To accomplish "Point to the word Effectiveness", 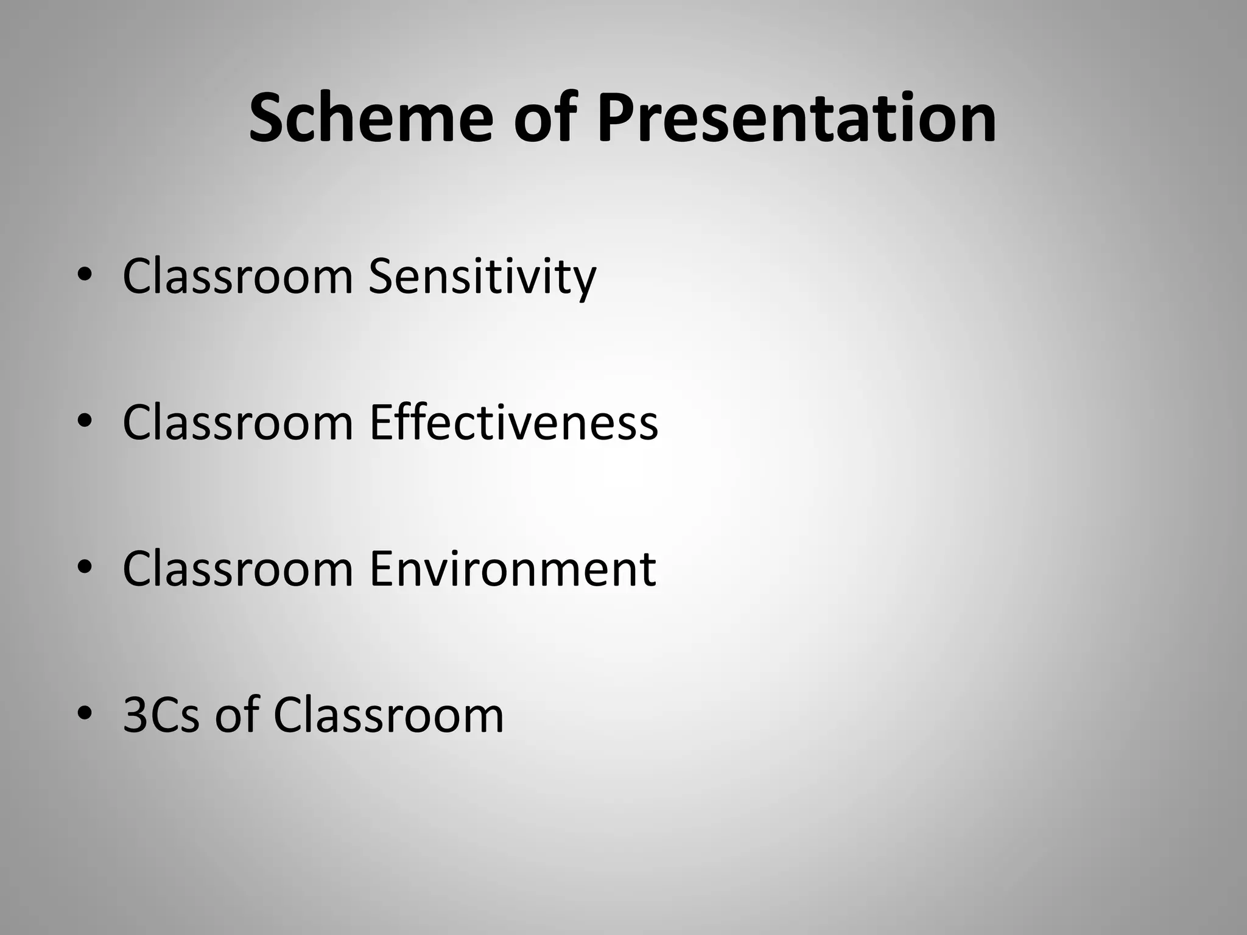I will point(513,422).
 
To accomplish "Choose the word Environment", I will point(512,569).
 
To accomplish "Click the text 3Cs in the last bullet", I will point(161,715).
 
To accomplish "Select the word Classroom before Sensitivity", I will point(237,278).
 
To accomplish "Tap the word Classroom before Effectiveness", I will point(237,422).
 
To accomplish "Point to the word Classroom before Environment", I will point(237,569).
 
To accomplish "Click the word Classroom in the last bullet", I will point(388,715).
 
